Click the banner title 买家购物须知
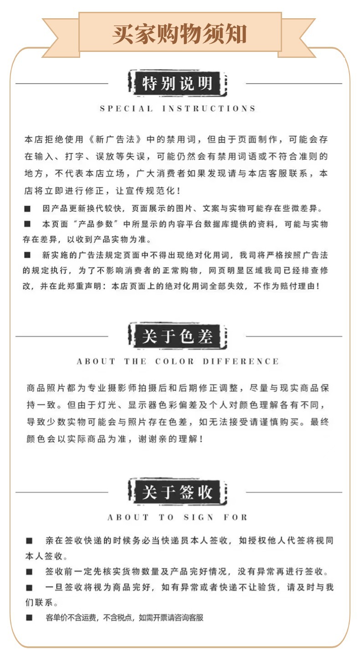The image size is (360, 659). [x=180, y=34]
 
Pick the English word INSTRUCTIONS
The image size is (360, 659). [x=209, y=109]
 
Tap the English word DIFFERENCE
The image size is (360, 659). [x=241, y=362]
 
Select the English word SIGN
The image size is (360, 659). [x=199, y=517]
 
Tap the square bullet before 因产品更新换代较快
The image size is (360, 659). [x=27, y=209]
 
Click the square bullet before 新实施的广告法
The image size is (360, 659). [x=27, y=255]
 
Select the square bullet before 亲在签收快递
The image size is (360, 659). [x=29, y=541]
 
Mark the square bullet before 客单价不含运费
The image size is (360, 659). [x=29, y=618]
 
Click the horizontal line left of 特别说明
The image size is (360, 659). [x=62, y=84]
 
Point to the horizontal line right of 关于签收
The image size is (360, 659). [x=293, y=492]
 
